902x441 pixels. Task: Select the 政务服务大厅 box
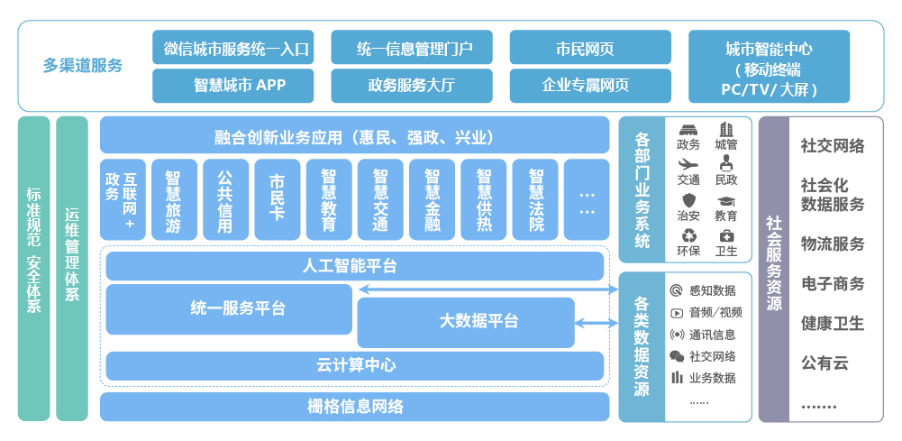411,86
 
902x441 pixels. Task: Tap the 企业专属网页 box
590,86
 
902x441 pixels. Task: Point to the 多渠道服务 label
83,66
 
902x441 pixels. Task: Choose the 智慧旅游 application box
173,201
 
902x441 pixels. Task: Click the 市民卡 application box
277,201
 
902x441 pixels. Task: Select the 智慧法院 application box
535,201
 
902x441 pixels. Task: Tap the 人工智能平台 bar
354,266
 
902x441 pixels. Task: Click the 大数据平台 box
466,322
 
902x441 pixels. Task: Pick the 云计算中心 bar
354,365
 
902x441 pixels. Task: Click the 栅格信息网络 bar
354,406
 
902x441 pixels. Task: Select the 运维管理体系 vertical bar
72,268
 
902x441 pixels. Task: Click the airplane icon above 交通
688,164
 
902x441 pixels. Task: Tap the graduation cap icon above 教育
726,200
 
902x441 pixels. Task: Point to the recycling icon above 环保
688,236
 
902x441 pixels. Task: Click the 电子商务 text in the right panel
833,283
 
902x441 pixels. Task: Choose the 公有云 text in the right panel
825,363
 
